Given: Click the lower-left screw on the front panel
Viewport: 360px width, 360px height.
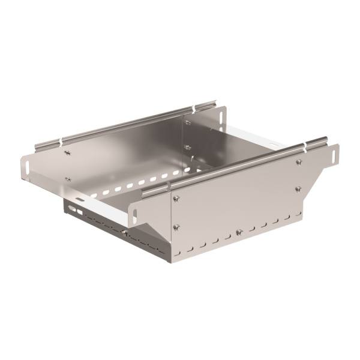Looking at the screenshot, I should (x=176, y=226).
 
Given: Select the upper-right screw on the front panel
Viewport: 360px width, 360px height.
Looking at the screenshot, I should (x=298, y=161).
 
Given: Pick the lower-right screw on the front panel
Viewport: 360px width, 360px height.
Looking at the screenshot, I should (x=298, y=189).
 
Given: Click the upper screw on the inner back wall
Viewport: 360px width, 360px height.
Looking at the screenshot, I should (x=187, y=123).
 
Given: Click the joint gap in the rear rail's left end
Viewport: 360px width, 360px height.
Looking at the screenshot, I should (x=61, y=143).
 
